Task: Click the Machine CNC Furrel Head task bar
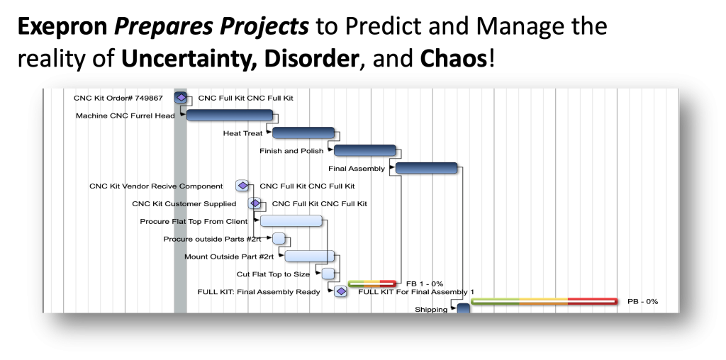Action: click(x=229, y=116)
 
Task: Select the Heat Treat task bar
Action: click(x=303, y=133)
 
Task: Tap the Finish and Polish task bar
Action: click(x=364, y=150)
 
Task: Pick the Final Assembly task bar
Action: click(x=426, y=168)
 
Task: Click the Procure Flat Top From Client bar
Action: click(x=291, y=221)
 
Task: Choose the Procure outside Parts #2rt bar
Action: click(x=279, y=239)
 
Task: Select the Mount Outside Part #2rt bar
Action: click(x=309, y=256)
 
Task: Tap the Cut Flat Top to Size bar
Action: click(x=328, y=274)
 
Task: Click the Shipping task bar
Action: click(x=463, y=308)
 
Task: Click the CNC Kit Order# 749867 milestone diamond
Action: click(x=181, y=98)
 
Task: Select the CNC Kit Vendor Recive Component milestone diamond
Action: click(x=242, y=186)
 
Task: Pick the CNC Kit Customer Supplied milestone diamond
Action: click(x=255, y=203)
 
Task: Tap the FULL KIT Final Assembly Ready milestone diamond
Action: click(x=340, y=291)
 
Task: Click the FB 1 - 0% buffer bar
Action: click(x=372, y=283)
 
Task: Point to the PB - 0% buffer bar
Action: click(x=544, y=301)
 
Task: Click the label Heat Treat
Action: click(x=242, y=133)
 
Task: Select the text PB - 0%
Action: click(x=642, y=301)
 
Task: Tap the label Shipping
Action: click(x=431, y=309)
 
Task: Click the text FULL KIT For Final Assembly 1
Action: click(x=415, y=291)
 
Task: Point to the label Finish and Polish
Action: click(x=291, y=151)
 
